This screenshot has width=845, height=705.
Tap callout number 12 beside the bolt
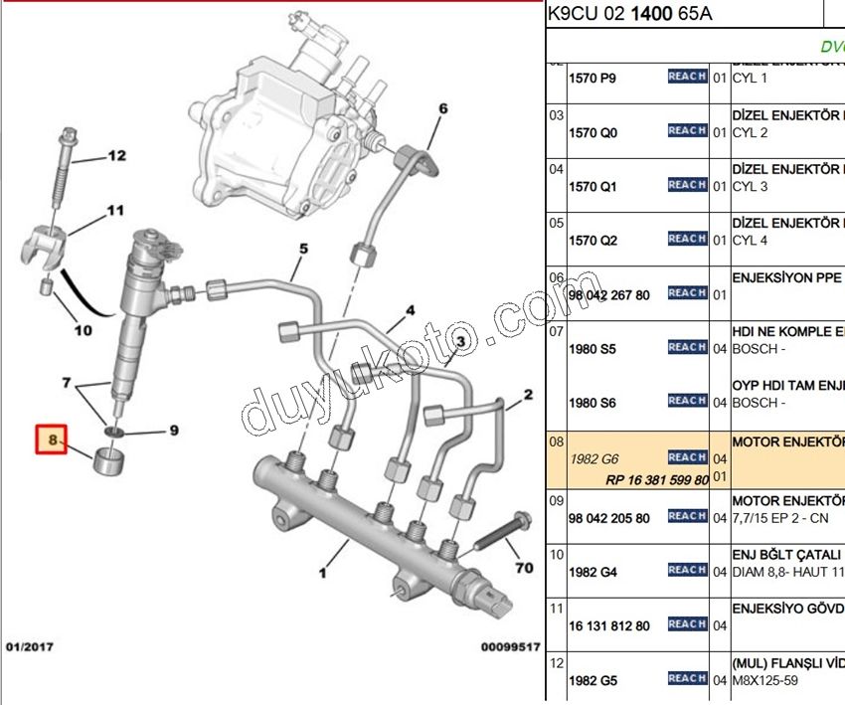[x=117, y=156]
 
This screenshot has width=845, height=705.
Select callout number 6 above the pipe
[x=443, y=109]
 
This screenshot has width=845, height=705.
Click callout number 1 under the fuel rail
[x=322, y=573]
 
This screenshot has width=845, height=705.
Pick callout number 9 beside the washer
[x=173, y=431]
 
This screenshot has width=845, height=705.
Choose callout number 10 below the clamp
[x=83, y=329]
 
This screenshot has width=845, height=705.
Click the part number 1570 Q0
[x=592, y=133]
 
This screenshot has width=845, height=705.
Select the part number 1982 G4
[x=592, y=573]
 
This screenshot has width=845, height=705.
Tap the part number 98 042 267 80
[x=608, y=295]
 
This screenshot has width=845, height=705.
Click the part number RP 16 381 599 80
[x=657, y=480]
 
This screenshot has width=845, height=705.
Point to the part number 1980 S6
[x=592, y=403]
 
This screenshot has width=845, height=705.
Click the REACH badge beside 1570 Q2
[x=687, y=239]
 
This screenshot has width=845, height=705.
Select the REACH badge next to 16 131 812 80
[x=687, y=624]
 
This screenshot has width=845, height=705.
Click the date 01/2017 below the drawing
[x=30, y=647]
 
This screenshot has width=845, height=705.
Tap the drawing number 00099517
[x=510, y=647]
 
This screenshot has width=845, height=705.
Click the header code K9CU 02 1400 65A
[x=629, y=15]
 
